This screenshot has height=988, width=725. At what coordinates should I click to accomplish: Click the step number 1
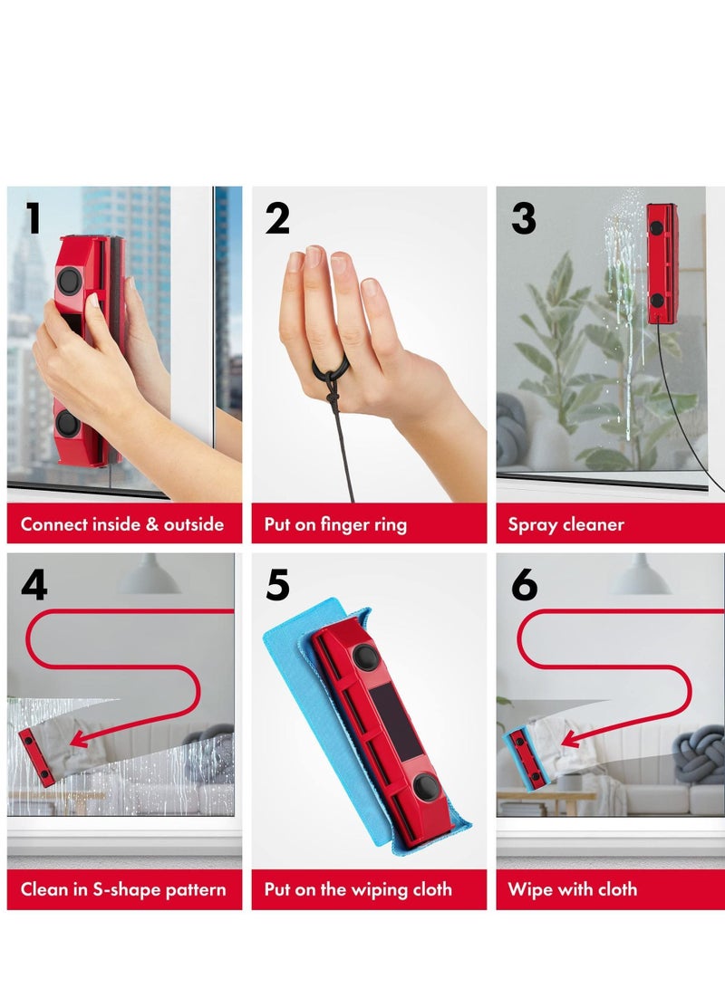coord(33,218)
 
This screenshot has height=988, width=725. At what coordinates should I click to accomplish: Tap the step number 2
coord(277,218)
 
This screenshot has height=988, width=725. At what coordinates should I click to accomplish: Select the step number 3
coord(523,218)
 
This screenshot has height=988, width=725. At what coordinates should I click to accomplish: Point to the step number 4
coord(34,585)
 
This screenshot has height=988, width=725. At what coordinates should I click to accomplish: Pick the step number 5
coord(277,585)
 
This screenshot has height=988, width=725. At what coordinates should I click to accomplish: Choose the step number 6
coord(524,585)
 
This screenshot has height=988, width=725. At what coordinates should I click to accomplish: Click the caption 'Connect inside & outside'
coord(122,524)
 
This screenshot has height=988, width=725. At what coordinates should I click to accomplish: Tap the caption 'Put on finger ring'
coord(335,524)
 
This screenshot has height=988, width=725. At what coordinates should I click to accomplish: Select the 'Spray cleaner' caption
coord(565,524)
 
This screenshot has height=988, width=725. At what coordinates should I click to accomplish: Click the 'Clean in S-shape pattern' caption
coord(123,889)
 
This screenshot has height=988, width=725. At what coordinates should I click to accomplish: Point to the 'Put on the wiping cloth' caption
coord(358,889)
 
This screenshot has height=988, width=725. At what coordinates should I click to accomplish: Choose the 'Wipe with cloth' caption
coord(572,889)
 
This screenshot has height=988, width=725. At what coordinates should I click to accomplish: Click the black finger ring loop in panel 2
coord(332,371)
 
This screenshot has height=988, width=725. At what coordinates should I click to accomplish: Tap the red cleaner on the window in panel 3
coord(661,264)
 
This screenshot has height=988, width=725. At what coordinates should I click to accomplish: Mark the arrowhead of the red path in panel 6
coord(566,740)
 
